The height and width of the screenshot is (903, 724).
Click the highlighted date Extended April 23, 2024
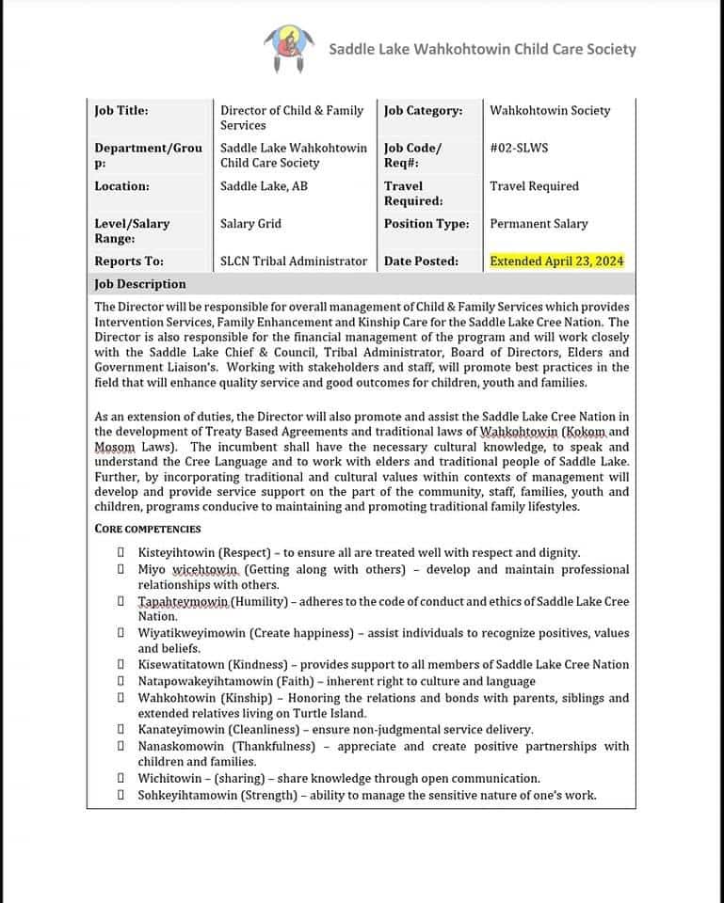[556, 261]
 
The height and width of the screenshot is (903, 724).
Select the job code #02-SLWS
[519, 148]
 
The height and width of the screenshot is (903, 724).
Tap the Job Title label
[121, 110]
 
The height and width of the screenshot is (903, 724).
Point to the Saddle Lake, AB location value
[264, 186]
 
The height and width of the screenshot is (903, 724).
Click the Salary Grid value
[250, 224]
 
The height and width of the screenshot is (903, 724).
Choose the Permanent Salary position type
[539, 224]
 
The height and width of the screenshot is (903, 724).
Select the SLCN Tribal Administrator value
[294, 261]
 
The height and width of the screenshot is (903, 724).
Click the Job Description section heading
[140, 284]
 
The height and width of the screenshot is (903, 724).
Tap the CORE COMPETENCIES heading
[148, 529]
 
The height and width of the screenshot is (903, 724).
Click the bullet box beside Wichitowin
[121, 779]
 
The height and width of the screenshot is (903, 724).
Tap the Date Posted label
[421, 261]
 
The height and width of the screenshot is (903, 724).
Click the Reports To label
[129, 261]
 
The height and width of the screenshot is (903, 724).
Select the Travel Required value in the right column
[534, 186]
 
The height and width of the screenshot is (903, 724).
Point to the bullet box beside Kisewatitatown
[121, 665]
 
